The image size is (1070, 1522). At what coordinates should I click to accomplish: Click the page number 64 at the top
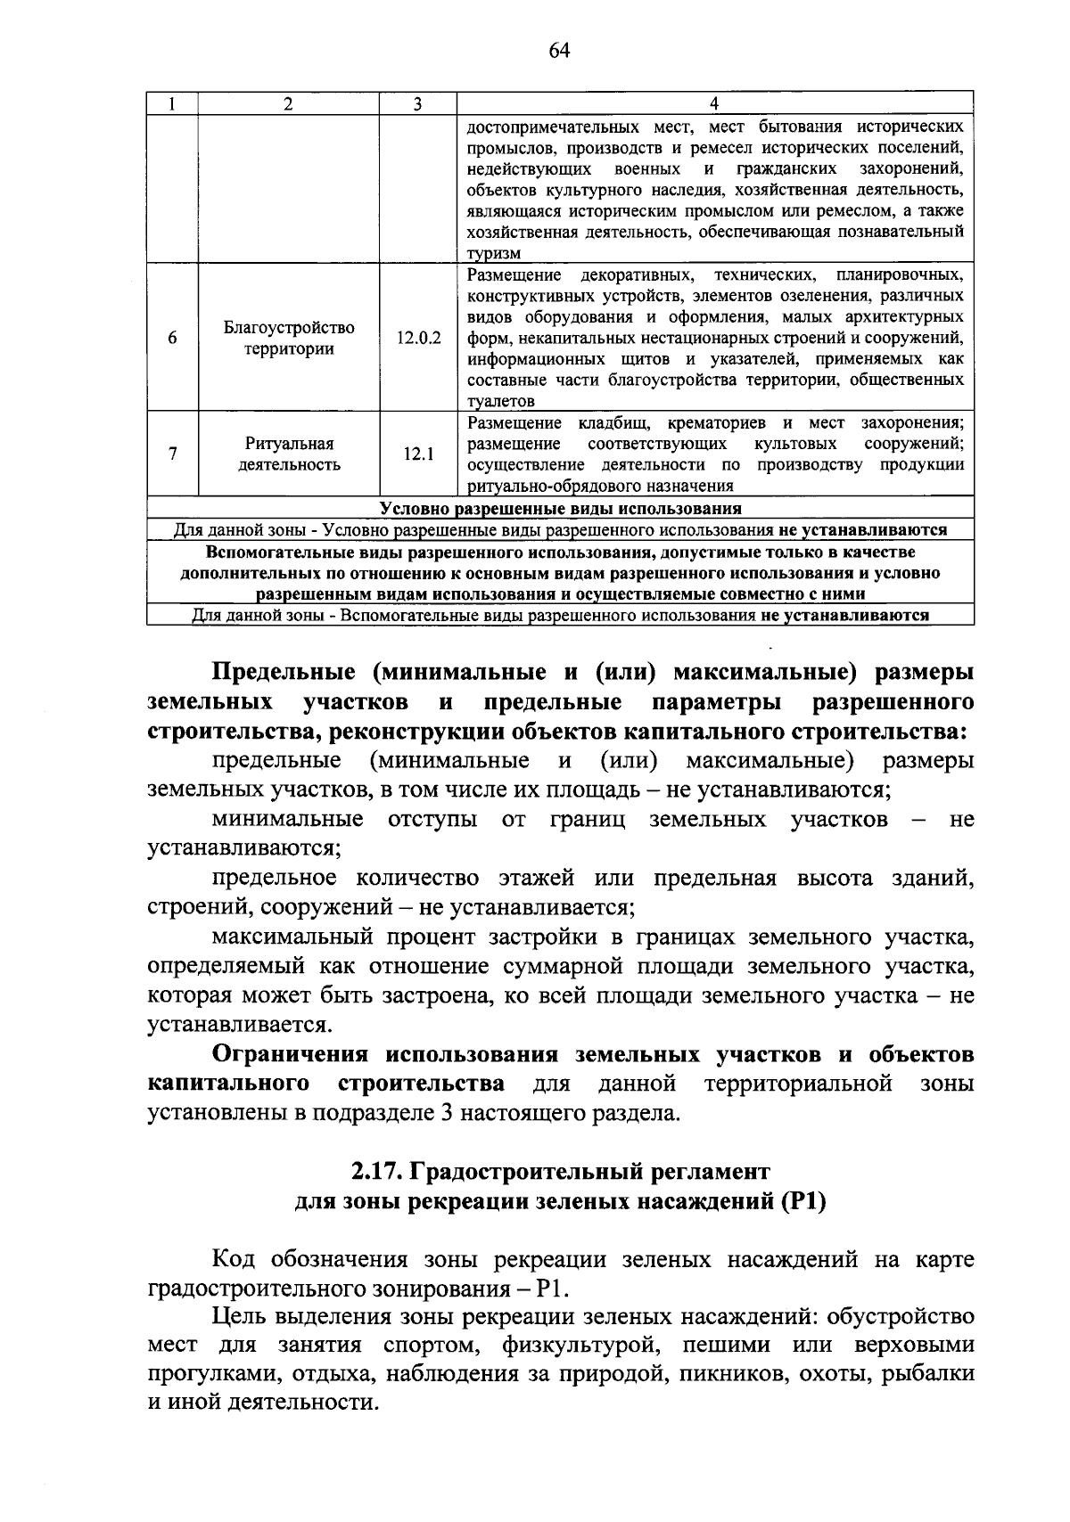[558, 51]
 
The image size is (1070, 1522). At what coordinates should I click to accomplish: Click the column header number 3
[417, 104]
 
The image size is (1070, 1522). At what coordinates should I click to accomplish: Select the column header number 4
[713, 104]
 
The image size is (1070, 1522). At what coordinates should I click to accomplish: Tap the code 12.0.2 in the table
[418, 339]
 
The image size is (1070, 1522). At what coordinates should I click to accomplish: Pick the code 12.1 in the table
[418, 454]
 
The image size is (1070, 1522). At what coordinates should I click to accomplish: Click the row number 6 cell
[172, 339]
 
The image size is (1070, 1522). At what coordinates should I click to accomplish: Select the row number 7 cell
[172, 454]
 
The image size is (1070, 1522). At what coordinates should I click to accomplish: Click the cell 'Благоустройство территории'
[289, 339]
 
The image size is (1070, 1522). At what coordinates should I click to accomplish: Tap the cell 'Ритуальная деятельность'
[289, 454]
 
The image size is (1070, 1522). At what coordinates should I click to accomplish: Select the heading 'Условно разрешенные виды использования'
[560, 509]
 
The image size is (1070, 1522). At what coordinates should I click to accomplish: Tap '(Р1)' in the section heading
[803, 1201]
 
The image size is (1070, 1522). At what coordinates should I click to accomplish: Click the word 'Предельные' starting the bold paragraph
[283, 672]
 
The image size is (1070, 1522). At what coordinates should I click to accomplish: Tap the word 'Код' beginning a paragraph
[234, 1260]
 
